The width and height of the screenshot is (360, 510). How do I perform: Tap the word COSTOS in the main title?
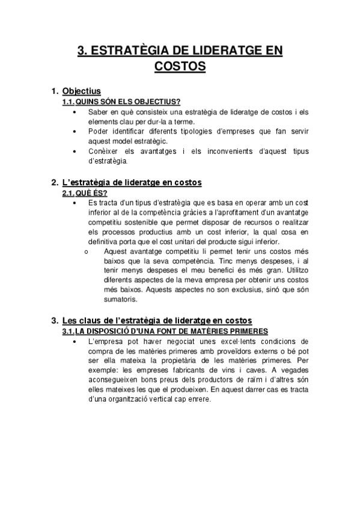(x=180, y=66)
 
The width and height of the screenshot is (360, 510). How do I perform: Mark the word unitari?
(x=172, y=241)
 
